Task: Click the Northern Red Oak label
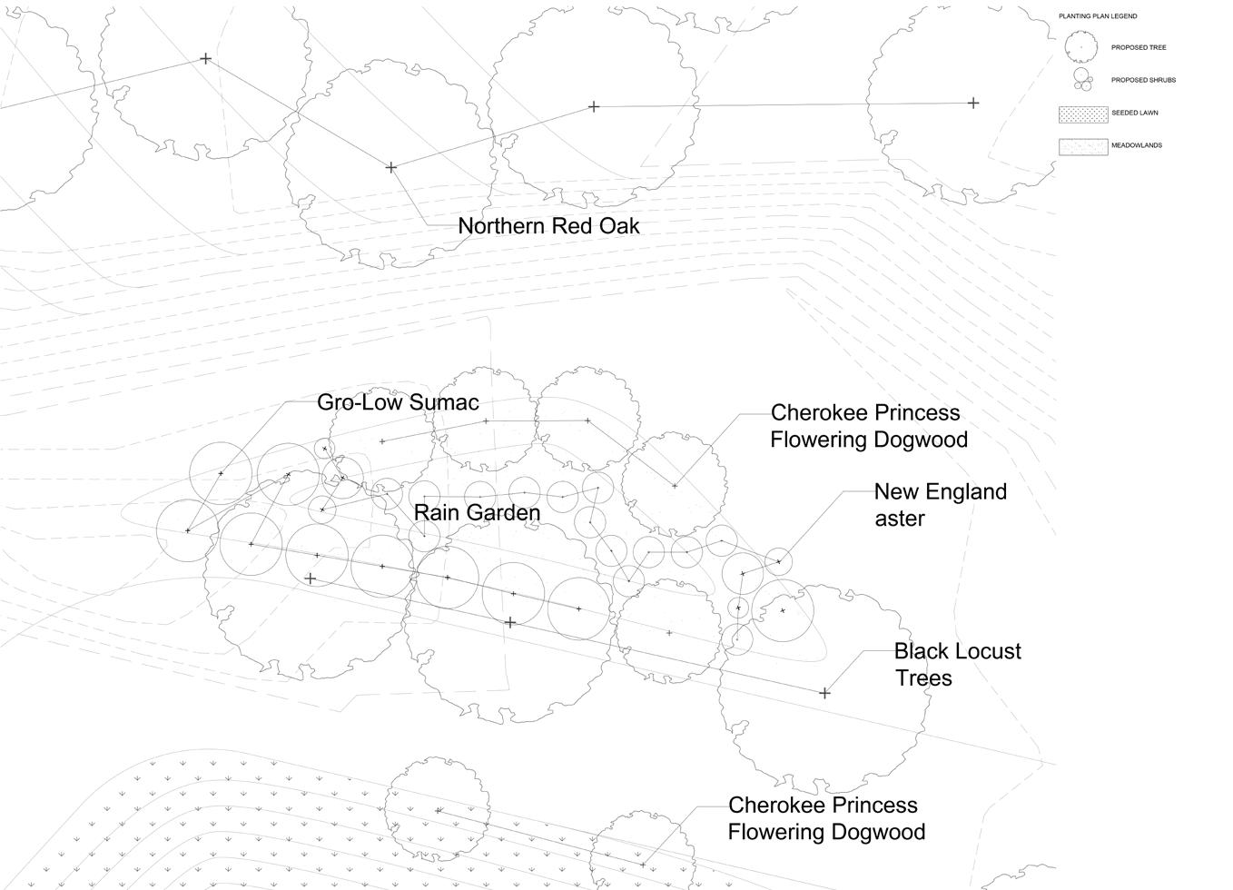tap(548, 226)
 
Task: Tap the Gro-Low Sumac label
tap(398, 402)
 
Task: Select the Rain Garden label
tap(477, 512)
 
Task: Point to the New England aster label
tap(940, 505)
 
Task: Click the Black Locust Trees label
tap(957, 665)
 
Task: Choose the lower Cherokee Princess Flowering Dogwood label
tap(826, 818)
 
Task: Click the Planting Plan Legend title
tap(1098, 16)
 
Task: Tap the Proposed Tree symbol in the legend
tap(1080, 47)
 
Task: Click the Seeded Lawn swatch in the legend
tap(1083, 114)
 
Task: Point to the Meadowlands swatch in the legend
tap(1083, 146)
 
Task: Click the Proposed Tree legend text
tap(1139, 47)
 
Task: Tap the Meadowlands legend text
tap(1136, 145)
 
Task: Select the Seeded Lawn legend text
tap(1134, 113)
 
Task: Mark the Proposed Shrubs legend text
tap(1143, 80)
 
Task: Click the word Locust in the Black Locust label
tap(987, 651)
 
